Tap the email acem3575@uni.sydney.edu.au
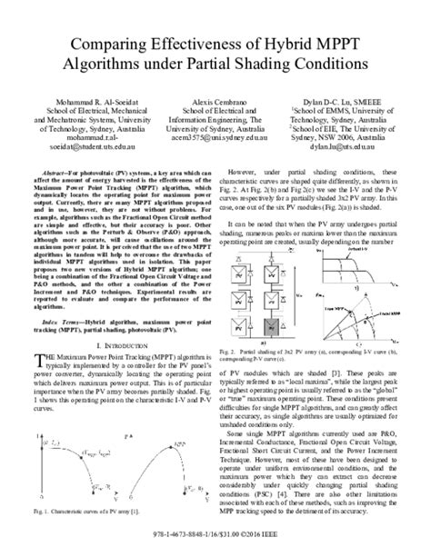(215, 141)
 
